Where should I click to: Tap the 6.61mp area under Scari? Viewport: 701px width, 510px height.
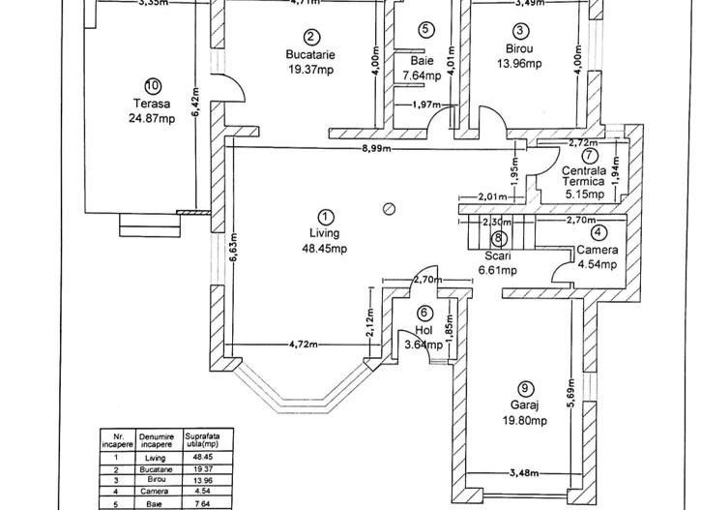point(497,270)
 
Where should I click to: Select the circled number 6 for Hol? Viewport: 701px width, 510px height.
point(424,313)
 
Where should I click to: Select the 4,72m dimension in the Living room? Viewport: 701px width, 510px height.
point(307,344)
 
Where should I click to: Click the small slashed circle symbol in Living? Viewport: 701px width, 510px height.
point(390,207)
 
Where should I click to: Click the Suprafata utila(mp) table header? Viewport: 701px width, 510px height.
point(199,441)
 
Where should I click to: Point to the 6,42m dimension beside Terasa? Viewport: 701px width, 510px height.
point(196,100)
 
